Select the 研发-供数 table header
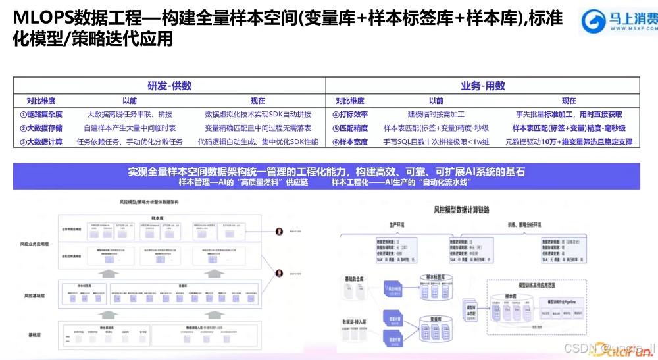(x=169, y=86)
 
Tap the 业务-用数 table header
(x=482, y=86)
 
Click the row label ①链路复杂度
(x=41, y=114)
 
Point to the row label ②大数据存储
(x=41, y=128)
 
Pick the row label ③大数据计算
(x=41, y=141)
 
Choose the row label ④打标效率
(x=350, y=114)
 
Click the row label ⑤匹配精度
(x=350, y=128)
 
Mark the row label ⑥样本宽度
(x=350, y=141)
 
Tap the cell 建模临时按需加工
(x=436, y=114)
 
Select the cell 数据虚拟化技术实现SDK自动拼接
(x=257, y=114)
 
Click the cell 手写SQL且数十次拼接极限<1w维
(x=436, y=141)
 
